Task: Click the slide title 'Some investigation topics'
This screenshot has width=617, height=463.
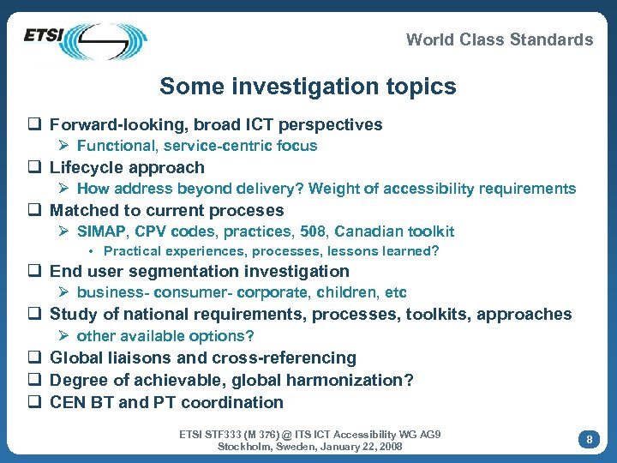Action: pyautogui.click(x=308, y=87)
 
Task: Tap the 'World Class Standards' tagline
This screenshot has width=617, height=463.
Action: pyautogui.click(x=499, y=39)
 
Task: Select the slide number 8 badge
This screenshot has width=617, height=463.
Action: pyautogui.click(x=589, y=439)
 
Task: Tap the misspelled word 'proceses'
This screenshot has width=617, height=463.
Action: pyautogui.click(x=249, y=211)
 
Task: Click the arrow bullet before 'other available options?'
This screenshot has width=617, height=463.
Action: pyautogui.click(x=65, y=336)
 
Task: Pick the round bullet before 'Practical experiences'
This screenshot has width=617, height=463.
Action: pyautogui.click(x=93, y=252)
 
